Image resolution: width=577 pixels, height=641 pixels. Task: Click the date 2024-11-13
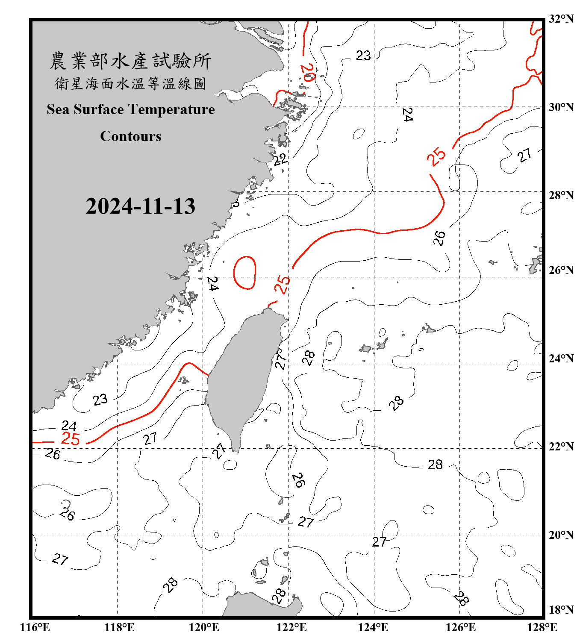pos(140,206)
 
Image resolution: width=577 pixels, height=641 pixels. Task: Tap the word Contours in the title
pos(131,136)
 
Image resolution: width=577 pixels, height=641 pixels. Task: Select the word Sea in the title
pos(58,109)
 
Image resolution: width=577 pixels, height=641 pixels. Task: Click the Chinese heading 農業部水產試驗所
pos(130,61)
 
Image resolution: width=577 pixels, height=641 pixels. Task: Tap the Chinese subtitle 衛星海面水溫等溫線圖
pos(130,83)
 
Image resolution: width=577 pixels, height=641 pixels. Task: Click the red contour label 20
pos(308,72)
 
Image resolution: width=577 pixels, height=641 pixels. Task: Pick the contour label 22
pos(280,160)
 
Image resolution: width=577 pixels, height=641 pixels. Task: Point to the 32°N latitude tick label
pos(561,19)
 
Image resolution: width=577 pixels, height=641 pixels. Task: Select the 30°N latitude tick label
pos(561,107)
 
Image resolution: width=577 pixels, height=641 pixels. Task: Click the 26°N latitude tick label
pos(561,270)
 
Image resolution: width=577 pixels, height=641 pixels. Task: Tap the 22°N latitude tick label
pos(561,447)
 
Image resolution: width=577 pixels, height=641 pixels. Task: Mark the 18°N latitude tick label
pos(561,610)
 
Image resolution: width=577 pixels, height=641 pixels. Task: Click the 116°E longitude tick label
pos(35,627)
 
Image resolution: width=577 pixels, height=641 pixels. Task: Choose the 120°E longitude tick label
pos(204,627)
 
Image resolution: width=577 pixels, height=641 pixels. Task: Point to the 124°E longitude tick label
pos(373,627)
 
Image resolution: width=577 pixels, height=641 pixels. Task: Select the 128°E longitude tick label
pos(542,627)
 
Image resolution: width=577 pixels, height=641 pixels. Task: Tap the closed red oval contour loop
pos(244,273)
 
